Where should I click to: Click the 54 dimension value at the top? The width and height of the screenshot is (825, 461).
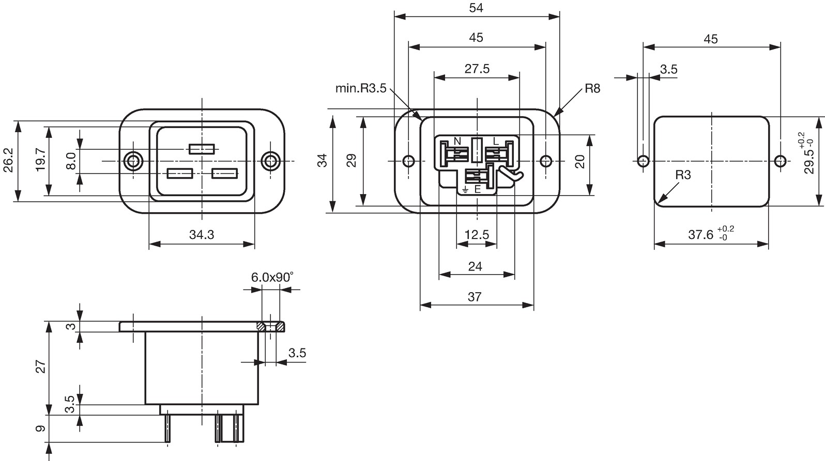(476, 8)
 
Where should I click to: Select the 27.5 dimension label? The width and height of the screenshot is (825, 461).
(477, 69)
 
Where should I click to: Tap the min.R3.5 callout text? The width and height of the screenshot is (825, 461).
(361, 88)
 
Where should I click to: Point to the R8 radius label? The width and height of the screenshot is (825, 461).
(592, 88)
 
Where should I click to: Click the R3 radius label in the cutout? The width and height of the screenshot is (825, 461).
(683, 175)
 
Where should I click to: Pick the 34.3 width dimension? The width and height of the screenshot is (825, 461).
(202, 234)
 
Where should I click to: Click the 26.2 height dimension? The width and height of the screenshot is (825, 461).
(8, 160)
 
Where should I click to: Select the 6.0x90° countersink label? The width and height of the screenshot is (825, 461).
(272, 277)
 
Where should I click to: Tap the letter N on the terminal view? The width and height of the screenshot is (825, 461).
(457, 141)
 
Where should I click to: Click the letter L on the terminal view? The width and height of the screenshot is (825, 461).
(495, 141)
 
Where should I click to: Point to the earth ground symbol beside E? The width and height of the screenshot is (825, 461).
(466, 190)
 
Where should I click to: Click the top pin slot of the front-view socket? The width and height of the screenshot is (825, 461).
(202, 149)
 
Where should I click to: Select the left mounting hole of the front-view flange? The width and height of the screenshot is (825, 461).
(133, 161)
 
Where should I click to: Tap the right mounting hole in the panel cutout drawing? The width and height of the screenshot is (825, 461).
(780, 161)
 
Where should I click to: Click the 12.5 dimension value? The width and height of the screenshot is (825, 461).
(477, 234)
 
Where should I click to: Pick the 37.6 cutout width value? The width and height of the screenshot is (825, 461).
(700, 234)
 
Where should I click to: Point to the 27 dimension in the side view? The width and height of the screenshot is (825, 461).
(40, 367)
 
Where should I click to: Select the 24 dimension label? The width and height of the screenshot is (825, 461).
(475, 266)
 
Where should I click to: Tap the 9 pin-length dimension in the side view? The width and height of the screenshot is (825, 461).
(40, 428)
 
